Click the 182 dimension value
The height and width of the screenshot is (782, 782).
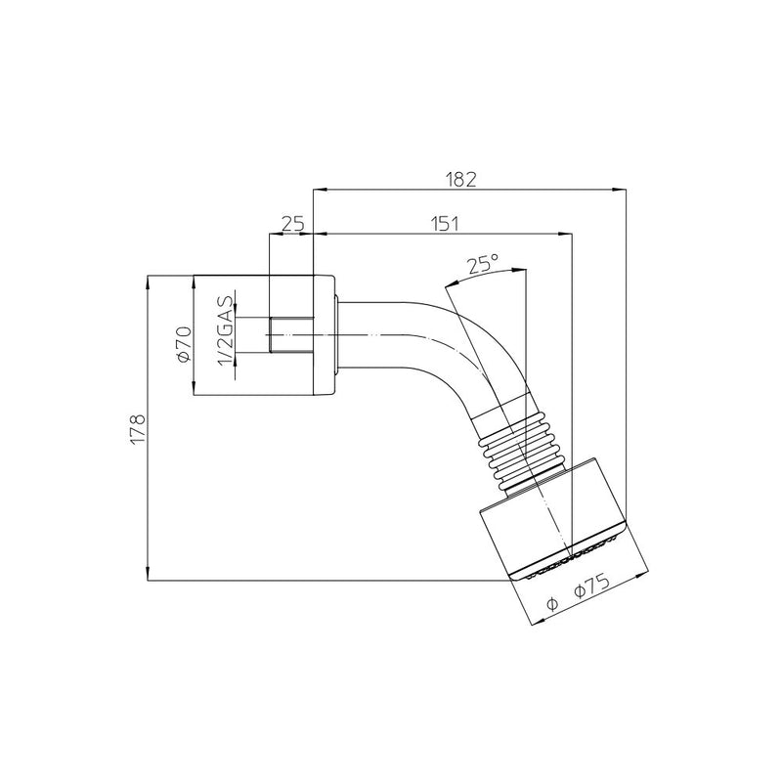click(x=460, y=180)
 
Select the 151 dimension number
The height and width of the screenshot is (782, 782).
click(x=445, y=224)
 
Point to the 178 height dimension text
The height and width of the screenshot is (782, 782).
click(x=137, y=428)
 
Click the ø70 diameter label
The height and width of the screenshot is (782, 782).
click(x=184, y=344)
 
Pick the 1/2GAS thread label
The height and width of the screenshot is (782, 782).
click(x=226, y=330)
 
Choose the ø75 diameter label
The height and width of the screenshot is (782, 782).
click(x=591, y=587)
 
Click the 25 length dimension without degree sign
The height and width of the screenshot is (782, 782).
click(x=292, y=224)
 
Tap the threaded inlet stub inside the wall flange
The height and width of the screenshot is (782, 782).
click(x=291, y=334)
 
